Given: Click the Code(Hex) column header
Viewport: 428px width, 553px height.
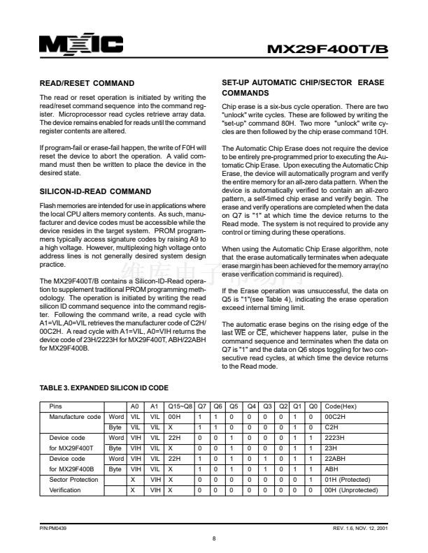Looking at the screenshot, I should [341, 406].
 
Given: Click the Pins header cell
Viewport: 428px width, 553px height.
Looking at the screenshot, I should [55, 406].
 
